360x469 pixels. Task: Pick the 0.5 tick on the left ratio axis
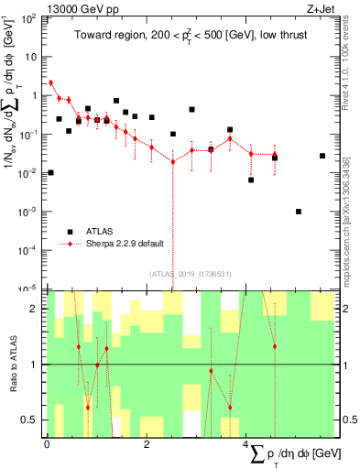pos(32,420)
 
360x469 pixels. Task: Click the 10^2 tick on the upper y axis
pos(29,17)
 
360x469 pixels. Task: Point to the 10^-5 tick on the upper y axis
pos(29,289)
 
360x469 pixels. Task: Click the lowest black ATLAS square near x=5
pos(299,212)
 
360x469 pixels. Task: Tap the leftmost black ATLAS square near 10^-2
pos(50,172)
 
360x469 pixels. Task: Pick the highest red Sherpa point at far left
pos(50,82)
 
